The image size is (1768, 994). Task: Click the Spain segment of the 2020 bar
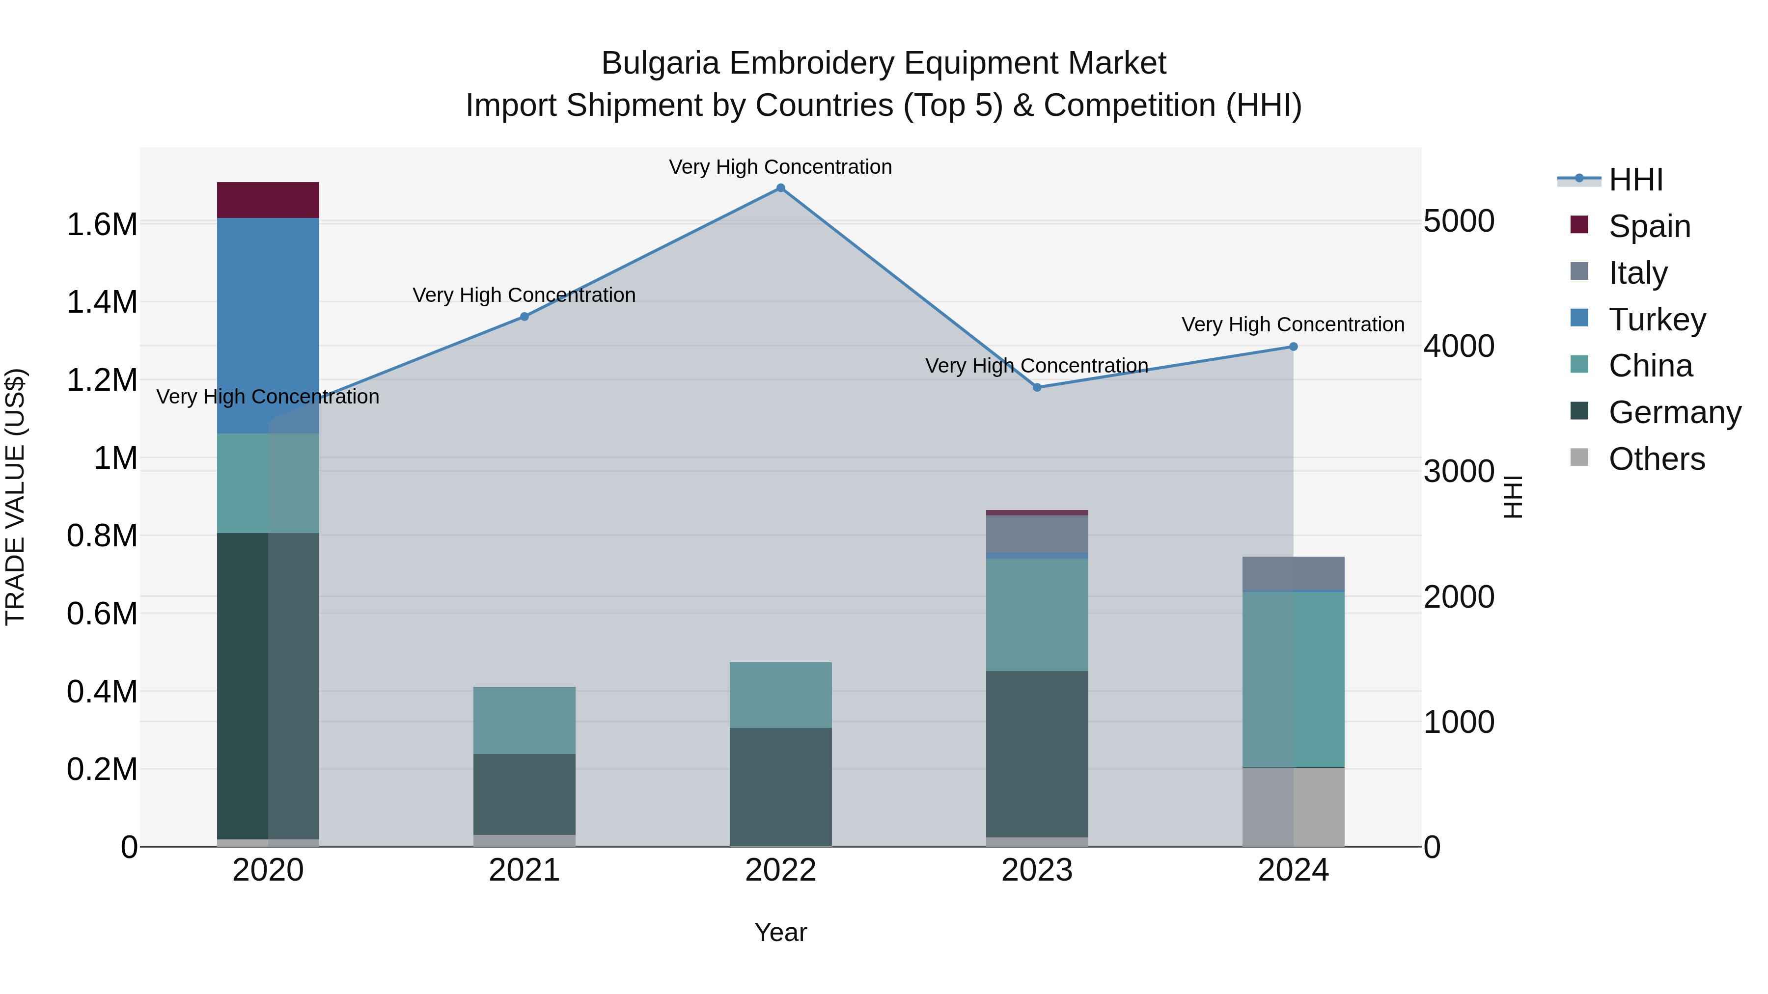pyautogui.click(x=268, y=200)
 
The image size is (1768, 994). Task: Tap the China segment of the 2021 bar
pyautogui.click(x=525, y=720)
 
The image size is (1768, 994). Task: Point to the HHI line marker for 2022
pyautogui.click(x=780, y=188)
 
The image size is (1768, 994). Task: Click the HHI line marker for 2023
pyautogui.click(x=1037, y=388)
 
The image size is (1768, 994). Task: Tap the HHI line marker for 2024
pyautogui.click(x=1293, y=347)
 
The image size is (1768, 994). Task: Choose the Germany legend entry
pyautogui.click(x=1674, y=412)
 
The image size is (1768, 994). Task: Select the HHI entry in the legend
pyautogui.click(x=1635, y=180)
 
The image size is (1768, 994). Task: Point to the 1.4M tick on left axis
pyautogui.click(x=102, y=302)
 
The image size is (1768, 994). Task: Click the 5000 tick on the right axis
pyautogui.click(x=1459, y=221)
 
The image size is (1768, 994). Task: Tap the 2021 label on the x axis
pyautogui.click(x=525, y=870)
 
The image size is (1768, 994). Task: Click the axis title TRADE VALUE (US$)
pyautogui.click(x=15, y=497)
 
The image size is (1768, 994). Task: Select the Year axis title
pyautogui.click(x=780, y=932)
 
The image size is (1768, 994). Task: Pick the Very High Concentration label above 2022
pyautogui.click(x=780, y=167)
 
